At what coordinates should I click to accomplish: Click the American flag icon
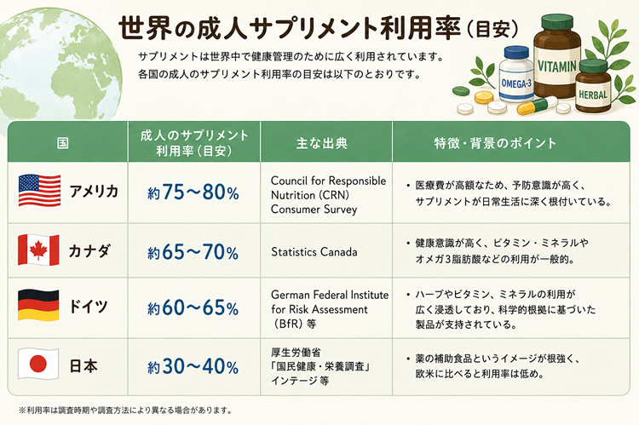(39, 190)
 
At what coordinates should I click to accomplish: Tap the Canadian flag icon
(38, 250)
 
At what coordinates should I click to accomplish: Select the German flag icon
(38, 305)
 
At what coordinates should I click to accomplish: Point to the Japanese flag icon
(38, 364)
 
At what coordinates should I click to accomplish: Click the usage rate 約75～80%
(193, 192)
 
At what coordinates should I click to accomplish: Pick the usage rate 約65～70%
(193, 252)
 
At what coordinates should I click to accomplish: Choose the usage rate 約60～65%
(193, 307)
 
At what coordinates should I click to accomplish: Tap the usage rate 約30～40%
(193, 367)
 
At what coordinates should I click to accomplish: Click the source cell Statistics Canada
(314, 252)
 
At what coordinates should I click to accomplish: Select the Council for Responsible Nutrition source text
(328, 195)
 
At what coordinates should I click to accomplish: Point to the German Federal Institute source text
(330, 309)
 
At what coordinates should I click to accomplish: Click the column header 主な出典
(322, 143)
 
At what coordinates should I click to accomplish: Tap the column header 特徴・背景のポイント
(495, 143)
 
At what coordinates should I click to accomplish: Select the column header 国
(63, 143)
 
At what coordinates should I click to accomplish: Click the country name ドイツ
(89, 306)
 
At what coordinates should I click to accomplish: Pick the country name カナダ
(89, 250)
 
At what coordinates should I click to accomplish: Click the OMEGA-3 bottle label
(516, 84)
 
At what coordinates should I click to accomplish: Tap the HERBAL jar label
(593, 95)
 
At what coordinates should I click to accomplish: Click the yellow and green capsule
(537, 106)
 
